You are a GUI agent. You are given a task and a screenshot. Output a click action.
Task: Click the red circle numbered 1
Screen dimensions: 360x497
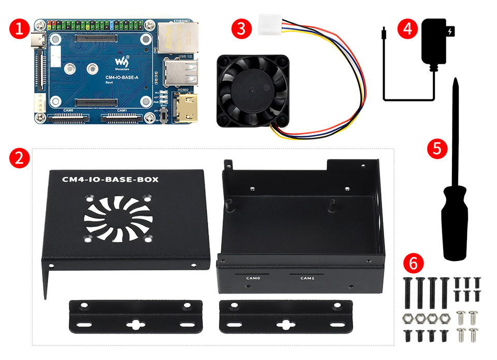(19, 28)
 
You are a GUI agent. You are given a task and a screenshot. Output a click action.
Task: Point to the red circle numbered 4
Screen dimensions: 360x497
(407, 28)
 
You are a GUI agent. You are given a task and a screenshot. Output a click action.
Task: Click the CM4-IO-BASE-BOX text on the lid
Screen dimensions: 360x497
(110, 180)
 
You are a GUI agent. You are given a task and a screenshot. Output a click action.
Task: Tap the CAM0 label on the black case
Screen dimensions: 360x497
(252, 278)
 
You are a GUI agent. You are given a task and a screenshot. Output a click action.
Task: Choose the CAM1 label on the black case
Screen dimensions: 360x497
(307, 278)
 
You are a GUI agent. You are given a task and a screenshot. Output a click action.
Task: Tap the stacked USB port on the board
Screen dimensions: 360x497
(181, 71)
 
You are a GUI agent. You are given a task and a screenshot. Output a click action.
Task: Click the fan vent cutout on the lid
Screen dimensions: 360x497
(118, 217)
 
